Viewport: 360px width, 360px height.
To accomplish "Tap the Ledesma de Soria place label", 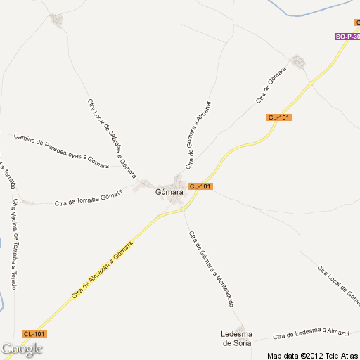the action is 236,338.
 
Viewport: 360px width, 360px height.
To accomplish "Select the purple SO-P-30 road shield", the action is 347,37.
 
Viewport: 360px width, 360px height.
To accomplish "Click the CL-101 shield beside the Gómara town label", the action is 200,186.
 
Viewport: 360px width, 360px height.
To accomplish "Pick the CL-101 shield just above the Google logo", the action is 34,333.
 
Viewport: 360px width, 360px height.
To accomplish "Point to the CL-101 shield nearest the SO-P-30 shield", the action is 279,117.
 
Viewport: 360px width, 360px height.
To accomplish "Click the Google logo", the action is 22,349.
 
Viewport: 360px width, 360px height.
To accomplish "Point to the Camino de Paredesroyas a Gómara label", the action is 61,150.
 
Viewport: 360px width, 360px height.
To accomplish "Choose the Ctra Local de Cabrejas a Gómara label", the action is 111,136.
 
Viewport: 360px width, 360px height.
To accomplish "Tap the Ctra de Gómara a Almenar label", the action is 199,134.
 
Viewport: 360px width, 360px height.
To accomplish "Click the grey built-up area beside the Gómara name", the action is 177,181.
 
